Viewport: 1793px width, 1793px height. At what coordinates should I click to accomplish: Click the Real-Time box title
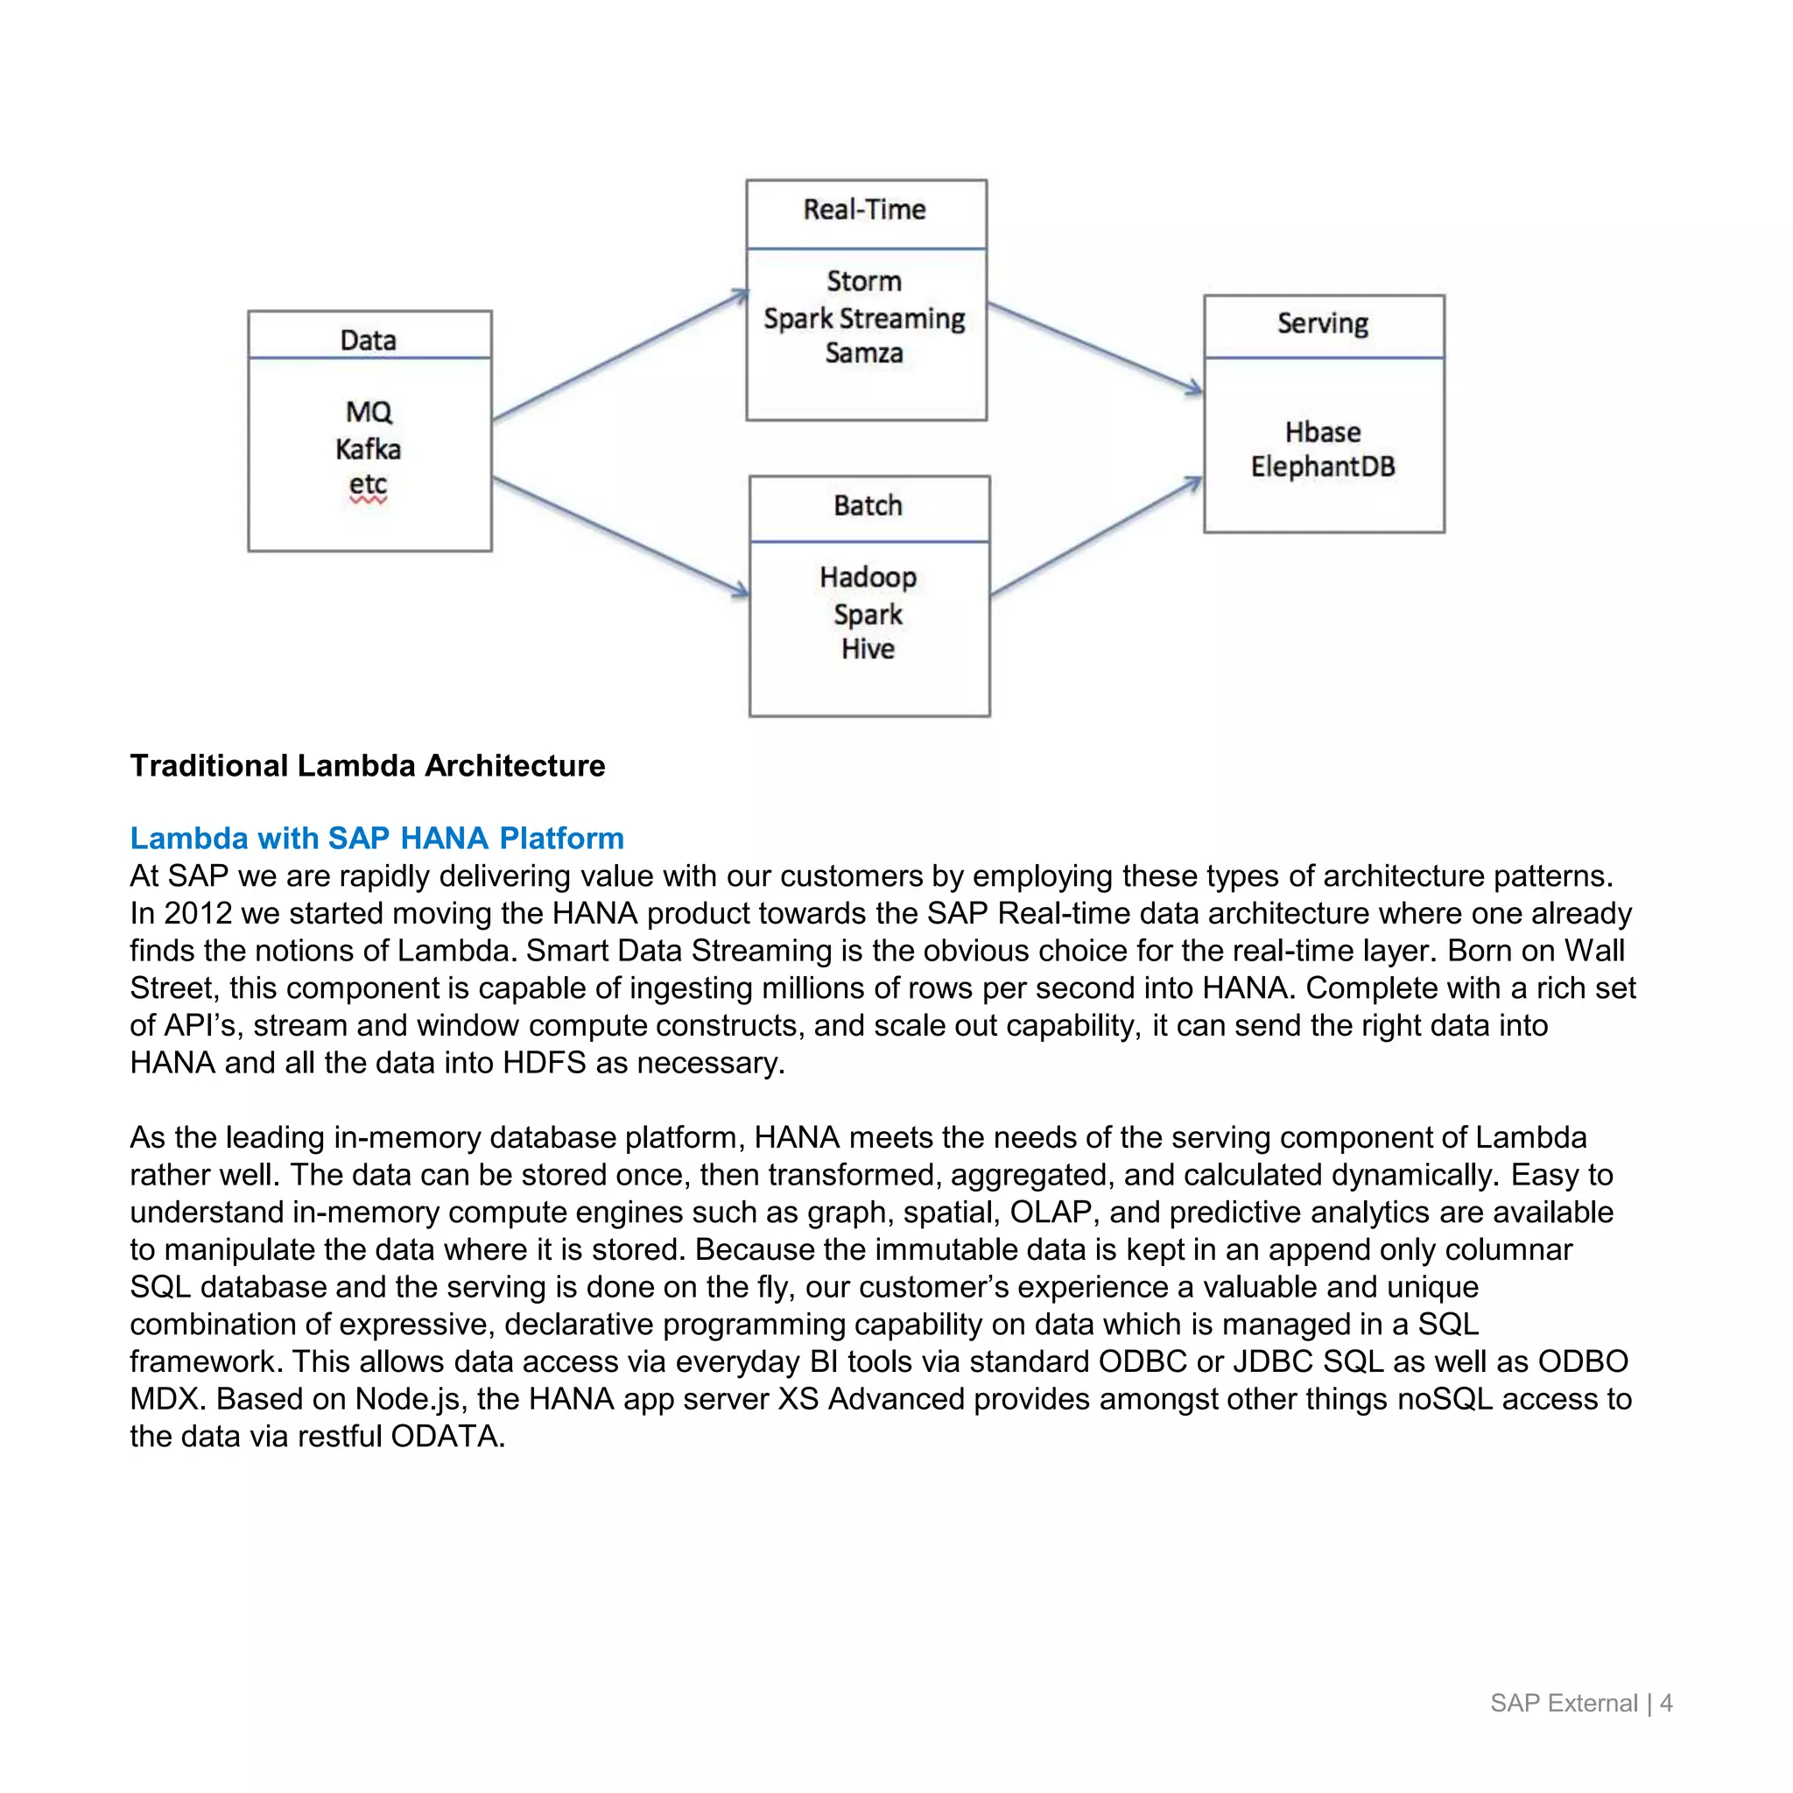864,210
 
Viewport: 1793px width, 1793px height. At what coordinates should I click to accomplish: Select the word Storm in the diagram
864,281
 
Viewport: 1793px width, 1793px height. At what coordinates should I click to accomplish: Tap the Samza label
864,354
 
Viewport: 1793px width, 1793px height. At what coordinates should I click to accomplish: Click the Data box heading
369,341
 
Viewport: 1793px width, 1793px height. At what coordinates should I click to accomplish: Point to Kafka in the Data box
369,450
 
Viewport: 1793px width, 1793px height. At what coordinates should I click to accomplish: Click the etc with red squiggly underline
369,485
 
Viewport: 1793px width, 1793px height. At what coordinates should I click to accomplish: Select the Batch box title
868,506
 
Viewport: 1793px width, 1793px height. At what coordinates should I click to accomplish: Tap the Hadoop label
868,577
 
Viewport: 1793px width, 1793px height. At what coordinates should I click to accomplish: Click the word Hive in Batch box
868,649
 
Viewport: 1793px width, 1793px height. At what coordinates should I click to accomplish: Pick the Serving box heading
1323,324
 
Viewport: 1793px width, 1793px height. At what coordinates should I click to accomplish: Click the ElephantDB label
1323,467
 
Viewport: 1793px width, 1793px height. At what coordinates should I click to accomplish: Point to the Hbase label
1323,432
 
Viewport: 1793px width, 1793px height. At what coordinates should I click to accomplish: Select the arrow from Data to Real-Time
619,356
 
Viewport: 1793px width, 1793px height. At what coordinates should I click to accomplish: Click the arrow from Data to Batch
619,536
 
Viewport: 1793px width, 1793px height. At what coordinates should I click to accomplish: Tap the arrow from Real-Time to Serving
1095,347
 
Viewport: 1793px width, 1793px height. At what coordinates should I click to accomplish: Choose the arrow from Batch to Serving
1095,537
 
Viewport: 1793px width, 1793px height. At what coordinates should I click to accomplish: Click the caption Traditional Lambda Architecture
368,766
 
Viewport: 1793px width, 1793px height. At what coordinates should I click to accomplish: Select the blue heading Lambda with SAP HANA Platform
376,838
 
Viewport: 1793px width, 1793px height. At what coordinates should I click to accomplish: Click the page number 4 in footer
1666,1703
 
